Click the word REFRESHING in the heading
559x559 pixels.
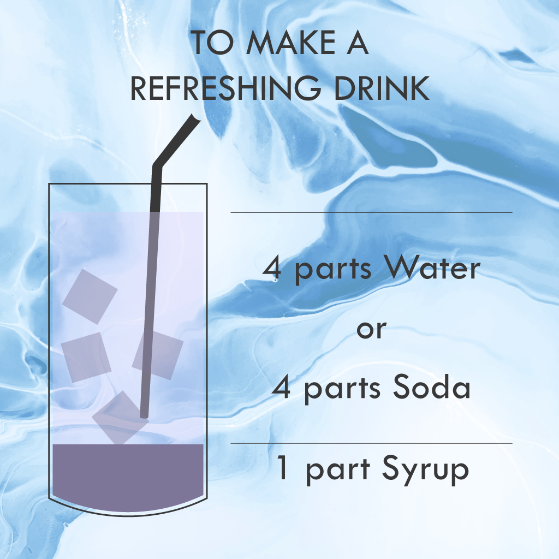pos(225,88)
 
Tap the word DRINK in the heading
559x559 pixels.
pos(382,88)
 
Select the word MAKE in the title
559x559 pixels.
pos(290,43)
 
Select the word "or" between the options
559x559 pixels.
pos(371,330)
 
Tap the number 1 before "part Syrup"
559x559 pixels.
pos(282,467)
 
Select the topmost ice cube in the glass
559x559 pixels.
pos(90,296)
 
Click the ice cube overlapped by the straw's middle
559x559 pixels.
pos(158,355)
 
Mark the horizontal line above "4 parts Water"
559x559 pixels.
pos(371,212)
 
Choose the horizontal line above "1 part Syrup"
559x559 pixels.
pos(371,443)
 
